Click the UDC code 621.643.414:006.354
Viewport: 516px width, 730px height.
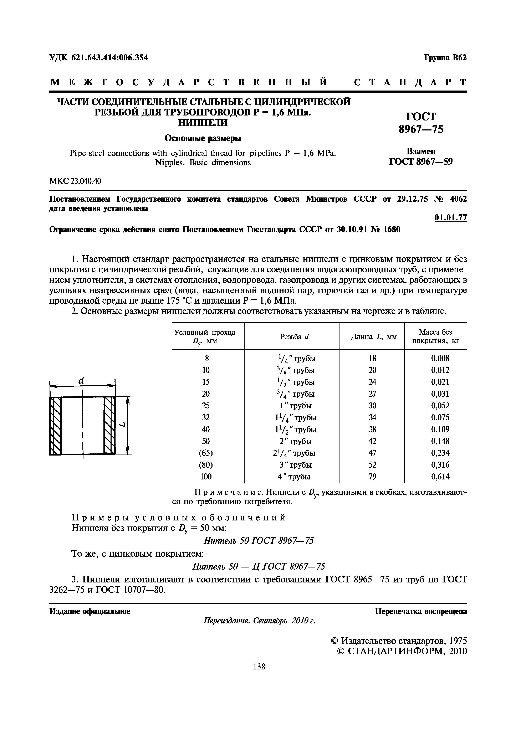(98, 58)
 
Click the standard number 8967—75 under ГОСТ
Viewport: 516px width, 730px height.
(421, 129)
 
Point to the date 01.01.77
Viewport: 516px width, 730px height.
(450, 218)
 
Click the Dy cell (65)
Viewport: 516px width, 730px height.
(206, 453)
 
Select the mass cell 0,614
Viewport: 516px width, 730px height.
(440, 477)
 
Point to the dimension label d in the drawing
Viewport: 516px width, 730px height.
(81, 381)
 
